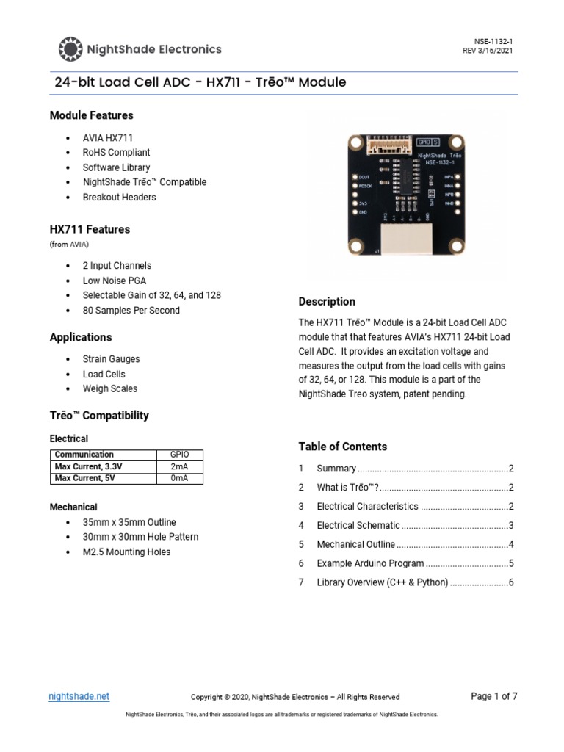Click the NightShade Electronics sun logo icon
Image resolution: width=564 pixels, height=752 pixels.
tap(70, 49)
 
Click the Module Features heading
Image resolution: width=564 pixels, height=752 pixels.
tap(91, 115)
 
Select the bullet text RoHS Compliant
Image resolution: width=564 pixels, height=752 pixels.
tap(116, 153)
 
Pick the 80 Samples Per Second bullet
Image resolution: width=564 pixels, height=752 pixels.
tap(131, 311)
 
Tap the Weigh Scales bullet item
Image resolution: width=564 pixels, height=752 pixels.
tap(110, 389)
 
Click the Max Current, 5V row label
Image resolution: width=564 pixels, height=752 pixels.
tap(85, 478)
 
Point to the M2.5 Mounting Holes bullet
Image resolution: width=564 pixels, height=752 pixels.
tap(126, 552)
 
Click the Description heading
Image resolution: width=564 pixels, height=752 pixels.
tap(327, 302)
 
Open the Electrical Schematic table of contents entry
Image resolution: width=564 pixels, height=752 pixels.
tap(358, 526)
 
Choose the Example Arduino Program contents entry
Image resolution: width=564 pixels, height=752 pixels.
tap(370, 564)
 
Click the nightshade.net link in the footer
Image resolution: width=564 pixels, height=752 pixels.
tap(79, 696)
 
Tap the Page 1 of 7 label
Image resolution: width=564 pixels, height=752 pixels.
tap(493, 696)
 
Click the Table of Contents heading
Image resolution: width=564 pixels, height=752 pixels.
tap(342, 446)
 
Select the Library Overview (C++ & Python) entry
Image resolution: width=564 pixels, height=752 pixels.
tap(382, 583)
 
